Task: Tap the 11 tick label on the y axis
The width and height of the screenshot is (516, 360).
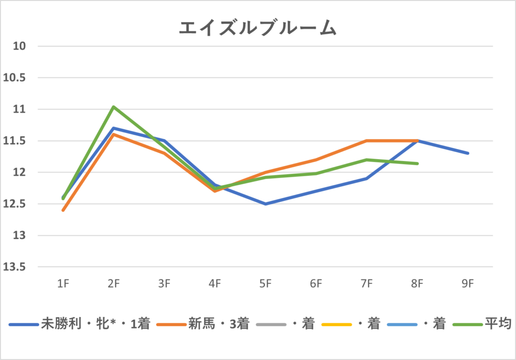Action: (19, 109)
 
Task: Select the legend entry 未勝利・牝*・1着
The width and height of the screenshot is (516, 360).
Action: (96, 324)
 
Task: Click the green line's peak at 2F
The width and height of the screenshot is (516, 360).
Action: (114, 107)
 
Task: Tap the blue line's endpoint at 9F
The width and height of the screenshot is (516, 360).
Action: (468, 153)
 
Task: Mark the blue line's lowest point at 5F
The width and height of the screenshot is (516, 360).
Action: (266, 204)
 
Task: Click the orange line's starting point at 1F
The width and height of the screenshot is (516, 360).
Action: (63, 210)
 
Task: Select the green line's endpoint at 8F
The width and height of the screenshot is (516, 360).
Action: (417, 163)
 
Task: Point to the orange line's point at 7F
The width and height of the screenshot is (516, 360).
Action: (367, 141)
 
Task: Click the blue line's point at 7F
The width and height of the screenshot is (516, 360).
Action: (367, 178)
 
